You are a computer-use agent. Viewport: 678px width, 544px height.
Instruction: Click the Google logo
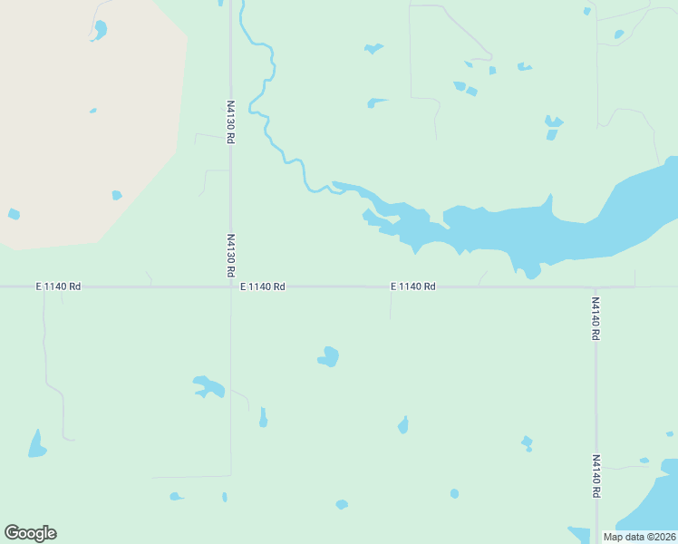[30, 533]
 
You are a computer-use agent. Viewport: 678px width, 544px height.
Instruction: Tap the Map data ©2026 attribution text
[640, 537]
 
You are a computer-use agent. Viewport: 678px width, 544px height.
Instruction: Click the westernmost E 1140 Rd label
[58, 287]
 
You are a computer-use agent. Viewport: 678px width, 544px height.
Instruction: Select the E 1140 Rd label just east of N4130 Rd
[263, 287]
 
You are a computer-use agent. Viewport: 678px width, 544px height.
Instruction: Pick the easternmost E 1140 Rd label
[413, 287]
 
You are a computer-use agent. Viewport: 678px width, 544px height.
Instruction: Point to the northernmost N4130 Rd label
[231, 121]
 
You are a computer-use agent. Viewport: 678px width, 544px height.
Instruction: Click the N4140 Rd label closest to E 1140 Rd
[596, 317]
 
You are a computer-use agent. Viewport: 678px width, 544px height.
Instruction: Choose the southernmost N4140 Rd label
[596, 476]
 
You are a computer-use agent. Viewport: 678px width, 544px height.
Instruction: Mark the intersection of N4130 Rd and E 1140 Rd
[230, 287]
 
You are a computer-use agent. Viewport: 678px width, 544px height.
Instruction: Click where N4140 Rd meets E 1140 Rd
[596, 287]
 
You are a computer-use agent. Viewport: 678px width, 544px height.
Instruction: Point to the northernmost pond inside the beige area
[99, 30]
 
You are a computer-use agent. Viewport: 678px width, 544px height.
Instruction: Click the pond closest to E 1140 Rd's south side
[329, 356]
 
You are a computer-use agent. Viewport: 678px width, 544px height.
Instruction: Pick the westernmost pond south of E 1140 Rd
[36, 444]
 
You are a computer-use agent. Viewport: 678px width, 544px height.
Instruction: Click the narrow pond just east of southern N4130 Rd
[263, 417]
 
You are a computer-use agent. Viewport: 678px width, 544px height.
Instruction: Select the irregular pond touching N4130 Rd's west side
[208, 388]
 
